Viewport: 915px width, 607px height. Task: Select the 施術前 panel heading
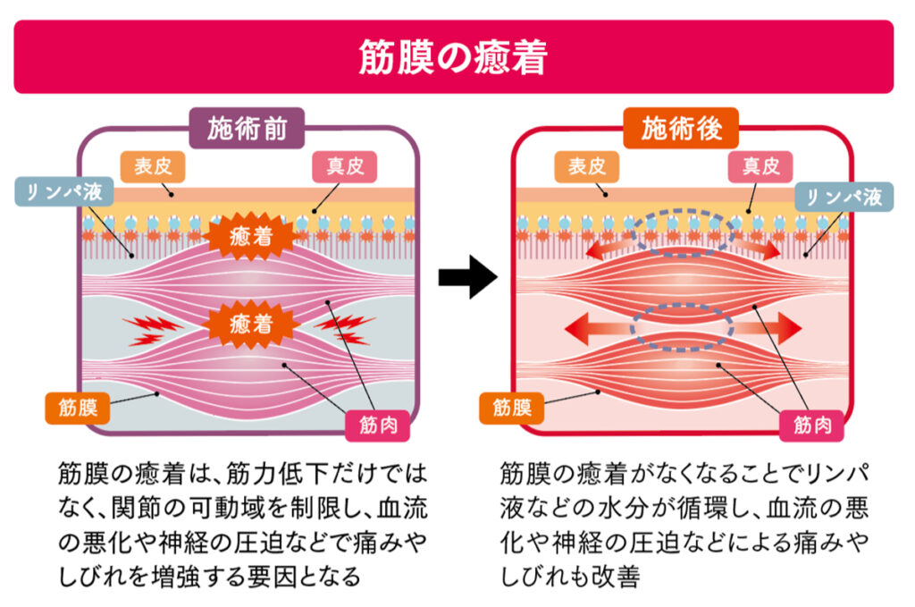(248, 131)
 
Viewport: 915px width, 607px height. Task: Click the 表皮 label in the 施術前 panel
(152, 166)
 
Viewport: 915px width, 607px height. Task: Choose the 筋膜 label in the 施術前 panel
(78, 409)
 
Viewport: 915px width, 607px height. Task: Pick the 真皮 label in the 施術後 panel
(760, 166)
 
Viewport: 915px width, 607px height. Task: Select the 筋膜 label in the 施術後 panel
(511, 409)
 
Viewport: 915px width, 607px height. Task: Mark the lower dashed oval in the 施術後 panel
(682, 326)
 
